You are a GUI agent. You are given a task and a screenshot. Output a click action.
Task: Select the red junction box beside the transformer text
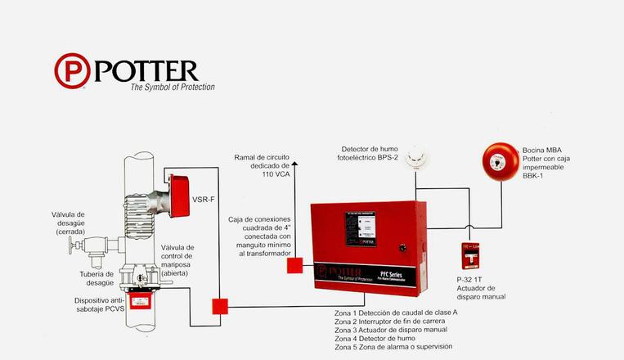click(294, 265)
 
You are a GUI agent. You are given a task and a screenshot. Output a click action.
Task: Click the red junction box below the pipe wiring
click(220, 306)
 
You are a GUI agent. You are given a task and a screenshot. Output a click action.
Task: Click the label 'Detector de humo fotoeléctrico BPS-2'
click(367, 153)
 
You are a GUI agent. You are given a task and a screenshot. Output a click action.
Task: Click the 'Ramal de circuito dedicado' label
click(263, 164)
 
